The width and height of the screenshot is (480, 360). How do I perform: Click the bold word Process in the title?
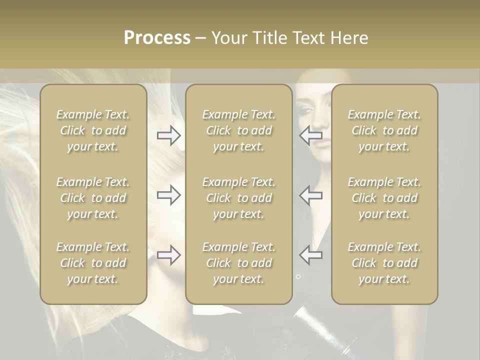pyautogui.click(x=157, y=38)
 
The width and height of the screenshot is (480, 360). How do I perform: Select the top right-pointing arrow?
pyautogui.click(x=168, y=135)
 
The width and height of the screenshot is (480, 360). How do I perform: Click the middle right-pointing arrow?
pyautogui.click(x=168, y=195)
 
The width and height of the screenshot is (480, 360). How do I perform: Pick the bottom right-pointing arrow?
pyautogui.click(x=168, y=255)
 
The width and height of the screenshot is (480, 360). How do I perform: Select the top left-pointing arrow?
pyautogui.click(x=311, y=135)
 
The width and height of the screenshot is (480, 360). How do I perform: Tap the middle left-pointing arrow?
pyautogui.click(x=311, y=195)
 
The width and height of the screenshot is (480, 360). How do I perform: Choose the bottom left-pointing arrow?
pyautogui.click(x=311, y=255)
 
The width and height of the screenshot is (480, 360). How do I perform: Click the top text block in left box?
pyautogui.click(x=93, y=130)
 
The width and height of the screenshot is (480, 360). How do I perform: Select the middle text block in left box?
pyautogui.click(x=93, y=198)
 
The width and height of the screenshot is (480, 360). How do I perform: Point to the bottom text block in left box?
pyautogui.click(x=93, y=263)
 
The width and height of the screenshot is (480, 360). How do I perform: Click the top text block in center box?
pyautogui.click(x=238, y=130)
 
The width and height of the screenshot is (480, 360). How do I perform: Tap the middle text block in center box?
pyautogui.click(x=238, y=198)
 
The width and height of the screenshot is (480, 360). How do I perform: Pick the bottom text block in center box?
pyautogui.click(x=238, y=263)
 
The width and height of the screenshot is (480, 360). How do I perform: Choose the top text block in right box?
pyautogui.click(x=384, y=130)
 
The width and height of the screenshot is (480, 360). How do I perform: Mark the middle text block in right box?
pyautogui.click(x=384, y=198)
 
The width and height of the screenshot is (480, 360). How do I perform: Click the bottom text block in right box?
pyautogui.click(x=384, y=263)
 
